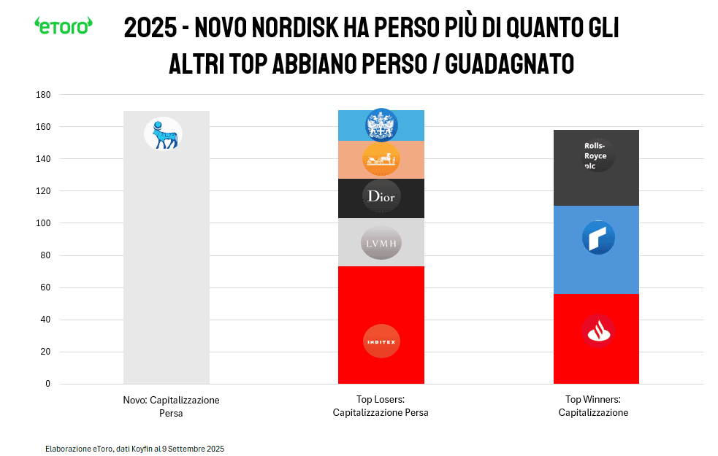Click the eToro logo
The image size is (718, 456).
pos(64,26)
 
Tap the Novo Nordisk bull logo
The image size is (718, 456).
pos(163,134)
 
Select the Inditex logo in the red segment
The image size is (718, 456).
pos(381,341)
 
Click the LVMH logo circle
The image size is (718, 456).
pos(381,242)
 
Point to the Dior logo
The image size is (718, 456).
pos(381,196)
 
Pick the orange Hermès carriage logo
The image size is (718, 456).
pos(381,159)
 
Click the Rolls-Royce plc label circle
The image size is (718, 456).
pos(597,155)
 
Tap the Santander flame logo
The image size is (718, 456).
pos(597,331)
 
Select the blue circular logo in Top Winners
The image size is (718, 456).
pos(597,238)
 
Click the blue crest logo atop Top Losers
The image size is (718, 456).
pos(381,125)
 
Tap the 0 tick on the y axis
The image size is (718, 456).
pos(47,384)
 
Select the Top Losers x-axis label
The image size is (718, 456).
pos(381,406)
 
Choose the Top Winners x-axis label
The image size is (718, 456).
pos(593,406)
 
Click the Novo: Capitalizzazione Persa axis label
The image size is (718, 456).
pos(171,406)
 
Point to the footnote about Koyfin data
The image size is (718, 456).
pos(134,448)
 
